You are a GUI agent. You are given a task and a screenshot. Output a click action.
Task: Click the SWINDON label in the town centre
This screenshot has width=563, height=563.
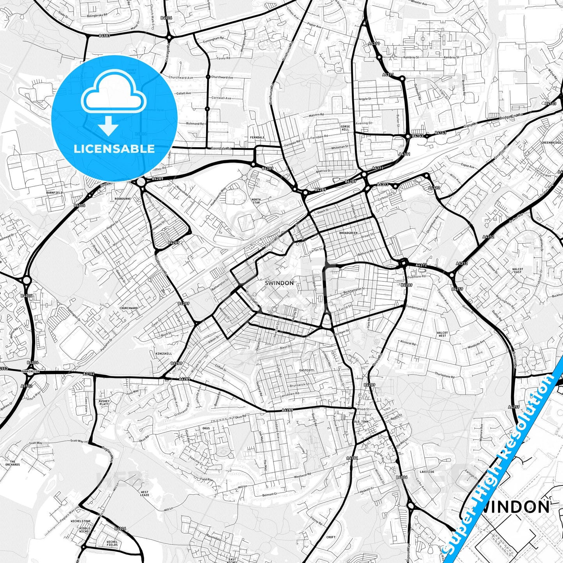tap(279, 283)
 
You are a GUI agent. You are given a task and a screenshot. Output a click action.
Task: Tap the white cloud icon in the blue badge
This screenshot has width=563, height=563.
tap(113, 95)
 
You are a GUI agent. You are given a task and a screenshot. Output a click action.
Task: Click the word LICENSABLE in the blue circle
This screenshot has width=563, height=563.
tap(114, 149)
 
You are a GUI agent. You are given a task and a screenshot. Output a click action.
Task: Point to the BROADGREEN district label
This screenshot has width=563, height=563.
tap(348, 233)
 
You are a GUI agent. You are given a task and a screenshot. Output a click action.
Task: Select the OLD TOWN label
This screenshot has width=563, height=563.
tap(361, 422)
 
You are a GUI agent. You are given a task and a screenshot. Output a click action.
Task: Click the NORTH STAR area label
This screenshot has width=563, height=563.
tap(256, 201)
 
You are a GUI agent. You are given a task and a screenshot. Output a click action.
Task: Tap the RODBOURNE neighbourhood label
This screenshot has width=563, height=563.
tap(123, 199)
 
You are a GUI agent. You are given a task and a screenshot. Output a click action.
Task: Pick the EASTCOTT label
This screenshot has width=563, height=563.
tap(307, 370)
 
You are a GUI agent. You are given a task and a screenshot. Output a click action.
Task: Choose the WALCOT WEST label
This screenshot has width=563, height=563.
tap(442, 334)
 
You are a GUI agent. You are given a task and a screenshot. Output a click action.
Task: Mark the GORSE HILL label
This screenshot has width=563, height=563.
tap(345, 128)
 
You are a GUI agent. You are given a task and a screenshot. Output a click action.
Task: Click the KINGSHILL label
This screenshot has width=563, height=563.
tap(164, 353)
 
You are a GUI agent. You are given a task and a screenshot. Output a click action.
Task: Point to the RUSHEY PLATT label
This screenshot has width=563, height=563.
tap(104, 402)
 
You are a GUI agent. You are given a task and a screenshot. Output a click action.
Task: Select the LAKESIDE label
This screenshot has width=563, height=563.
tap(427, 471)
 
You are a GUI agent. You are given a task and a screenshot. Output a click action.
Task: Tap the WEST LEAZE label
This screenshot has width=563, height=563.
tap(145, 494)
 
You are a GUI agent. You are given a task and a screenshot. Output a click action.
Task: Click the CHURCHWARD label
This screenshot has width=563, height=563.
tap(129, 308)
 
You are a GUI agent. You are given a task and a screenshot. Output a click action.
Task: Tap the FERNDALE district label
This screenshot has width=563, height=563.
tap(257, 138)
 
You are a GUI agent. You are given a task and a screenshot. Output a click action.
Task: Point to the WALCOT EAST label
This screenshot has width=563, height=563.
tap(518, 270)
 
